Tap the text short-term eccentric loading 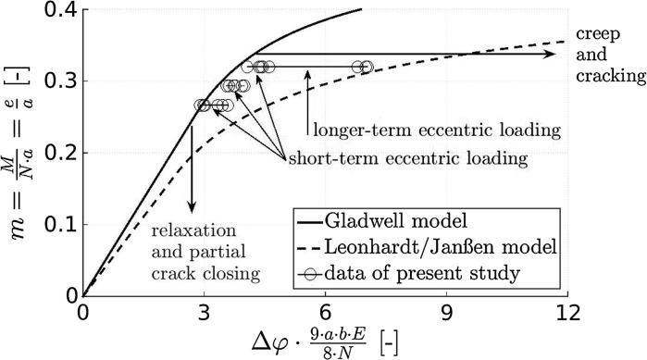(x=408, y=158)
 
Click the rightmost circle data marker (x=367, y=67)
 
